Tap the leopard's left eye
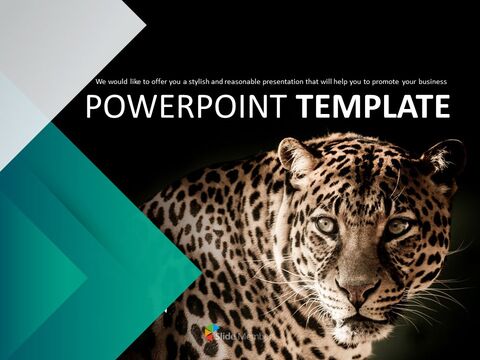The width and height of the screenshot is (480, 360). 327,225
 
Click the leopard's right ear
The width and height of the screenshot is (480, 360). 444,158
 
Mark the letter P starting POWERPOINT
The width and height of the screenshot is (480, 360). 93,107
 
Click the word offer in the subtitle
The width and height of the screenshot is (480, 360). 158,81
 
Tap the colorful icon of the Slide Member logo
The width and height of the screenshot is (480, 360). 212,332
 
